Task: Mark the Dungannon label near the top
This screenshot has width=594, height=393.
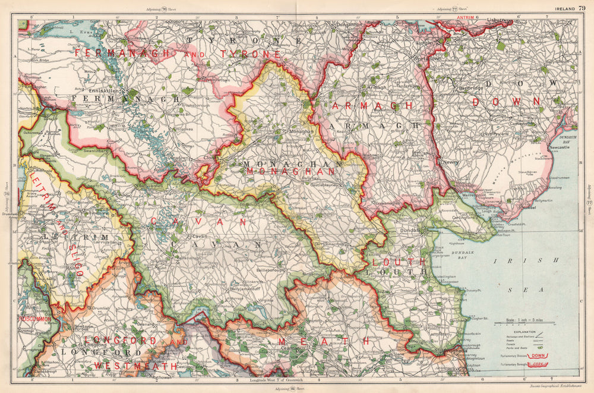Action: tap(348, 24)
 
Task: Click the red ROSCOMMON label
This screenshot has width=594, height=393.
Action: tap(33, 319)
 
